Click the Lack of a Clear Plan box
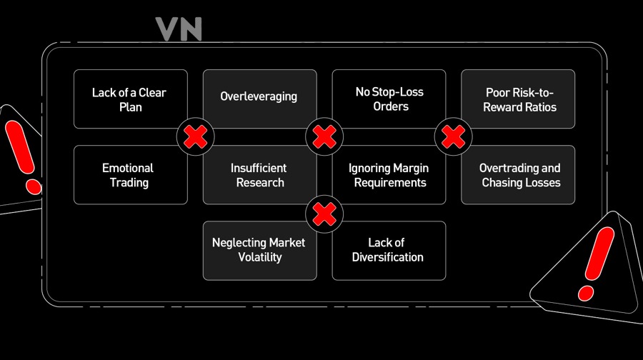coord(131,99)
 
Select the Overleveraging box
coord(259,99)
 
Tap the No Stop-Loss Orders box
coord(389,99)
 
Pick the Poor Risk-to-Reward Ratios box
coord(518,99)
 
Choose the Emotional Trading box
coord(131,175)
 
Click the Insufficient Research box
coord(259,175)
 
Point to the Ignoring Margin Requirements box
coord(389,175)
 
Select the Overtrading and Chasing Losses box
coord(518,175)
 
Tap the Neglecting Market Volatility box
coord(259,251)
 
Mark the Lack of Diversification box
coord(389,251)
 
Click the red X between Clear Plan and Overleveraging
coord(195,137)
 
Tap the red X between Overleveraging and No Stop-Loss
coord(324,137)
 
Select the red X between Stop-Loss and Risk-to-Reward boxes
coord(453,137)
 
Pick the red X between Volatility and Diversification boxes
coord(324,214)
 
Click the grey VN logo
coord(179,29)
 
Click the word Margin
coord(411,168)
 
